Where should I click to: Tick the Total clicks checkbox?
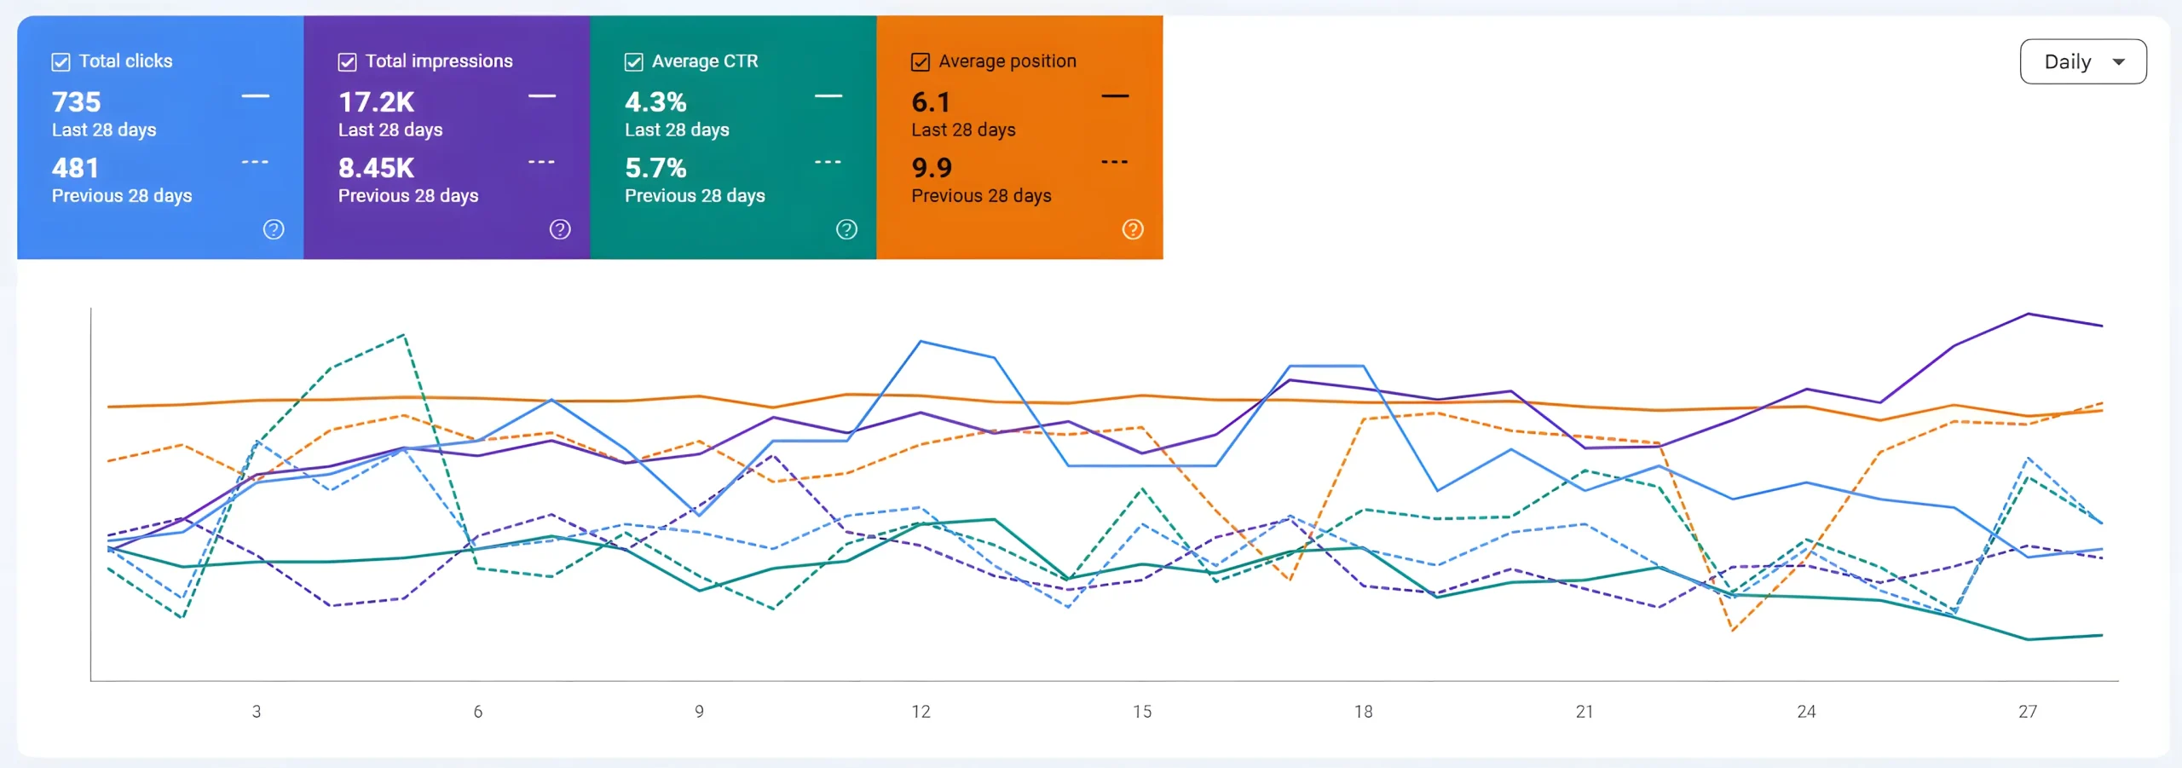[x=61, y=61]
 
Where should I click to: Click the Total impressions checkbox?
[x=347, y=61]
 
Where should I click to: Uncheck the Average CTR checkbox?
[x=633, y=61]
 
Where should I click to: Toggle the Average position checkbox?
[x=921, y=61]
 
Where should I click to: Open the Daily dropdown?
[x=2083, y=61]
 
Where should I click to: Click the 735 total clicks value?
[x=77, y=102]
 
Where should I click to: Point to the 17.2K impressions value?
[x=376, y=102]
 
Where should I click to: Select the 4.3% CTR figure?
[x=655, y=102]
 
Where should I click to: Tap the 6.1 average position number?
[x=931, y=102]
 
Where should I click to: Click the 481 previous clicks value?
[x=76, y=168]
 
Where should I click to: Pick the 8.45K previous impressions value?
[x=376, y=168]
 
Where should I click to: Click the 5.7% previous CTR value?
[x=655, y=168]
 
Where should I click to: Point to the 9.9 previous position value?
[x=932, y=168]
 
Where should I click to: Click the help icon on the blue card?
[x=274, y=229]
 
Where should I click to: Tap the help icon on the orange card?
[x=1133, y=229]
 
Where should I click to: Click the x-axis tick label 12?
[x=921, y=712]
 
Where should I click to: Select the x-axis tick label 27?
[x=2028, y=712]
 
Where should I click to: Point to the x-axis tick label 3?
[x=257, y=712]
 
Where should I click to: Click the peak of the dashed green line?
[x=404, y=335]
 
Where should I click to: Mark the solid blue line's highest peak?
[x=921, y=341]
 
